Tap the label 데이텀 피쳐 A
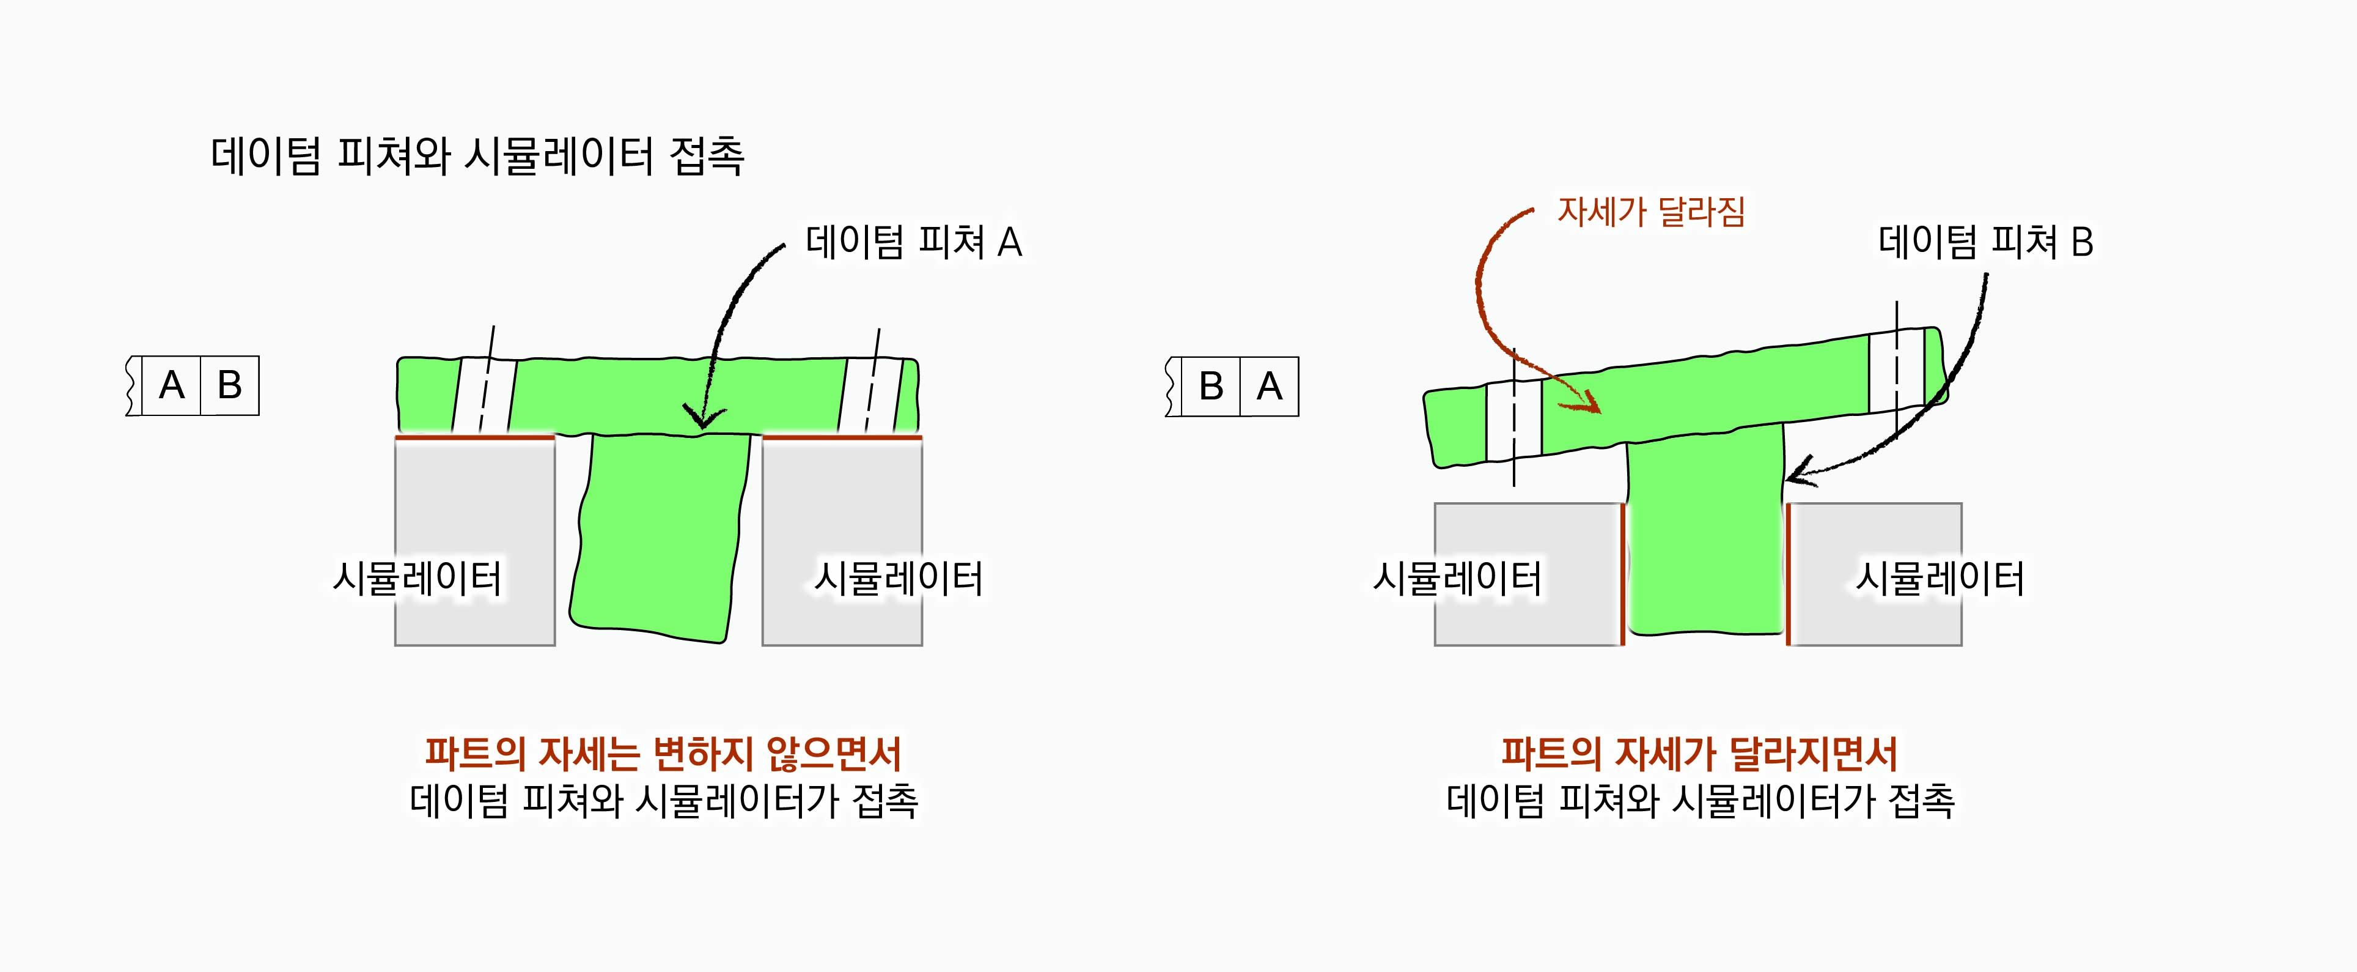(913, 243)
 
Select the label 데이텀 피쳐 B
(1985, 243)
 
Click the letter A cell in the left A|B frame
(172, 385)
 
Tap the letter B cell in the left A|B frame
(230, 385)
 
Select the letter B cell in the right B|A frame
(1210, 386)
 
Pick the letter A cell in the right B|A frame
(1269, 386)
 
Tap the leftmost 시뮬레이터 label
(417, 579)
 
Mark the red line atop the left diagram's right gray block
(842, 437)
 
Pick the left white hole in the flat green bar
(485, 395)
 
